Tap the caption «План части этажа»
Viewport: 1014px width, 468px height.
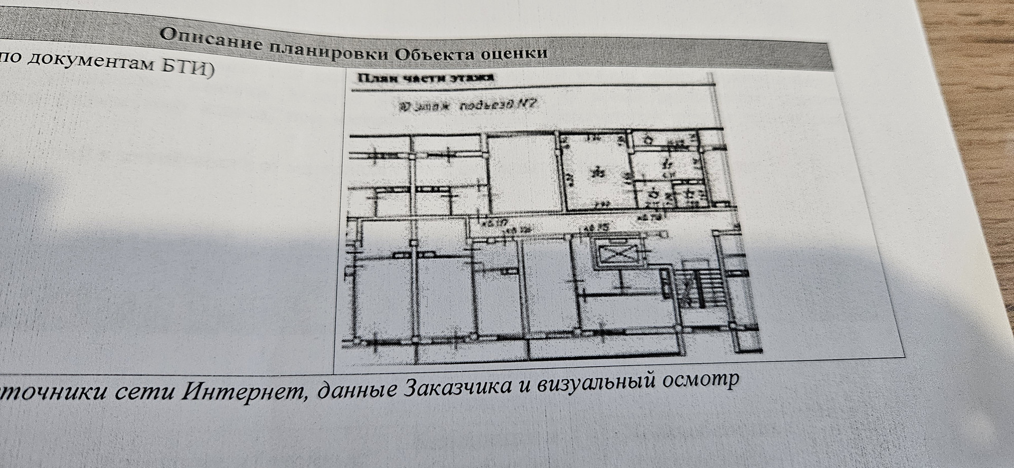coord(426,78)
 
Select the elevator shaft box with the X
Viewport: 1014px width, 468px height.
coord(616,255)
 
